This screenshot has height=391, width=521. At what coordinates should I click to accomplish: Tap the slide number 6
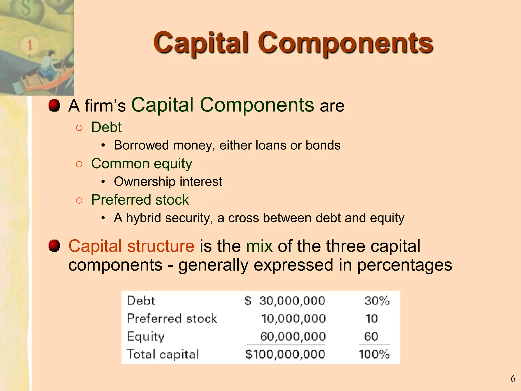[513, 379]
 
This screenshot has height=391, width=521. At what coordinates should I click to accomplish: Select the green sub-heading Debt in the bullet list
[106, 127]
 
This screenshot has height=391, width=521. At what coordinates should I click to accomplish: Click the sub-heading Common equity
[141, 164]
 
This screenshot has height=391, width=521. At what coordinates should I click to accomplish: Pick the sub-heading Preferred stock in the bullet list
[140, 200]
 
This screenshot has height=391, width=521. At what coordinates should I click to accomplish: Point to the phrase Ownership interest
[168, 182]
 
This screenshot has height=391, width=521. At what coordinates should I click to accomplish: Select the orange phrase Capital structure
[131, 246]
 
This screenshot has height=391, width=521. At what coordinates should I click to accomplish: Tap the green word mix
[259, 246]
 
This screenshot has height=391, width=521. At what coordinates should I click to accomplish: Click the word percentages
[404, 265]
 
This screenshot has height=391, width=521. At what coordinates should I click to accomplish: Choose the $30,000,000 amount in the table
[285, 301]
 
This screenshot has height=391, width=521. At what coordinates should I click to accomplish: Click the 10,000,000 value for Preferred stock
[294, 318]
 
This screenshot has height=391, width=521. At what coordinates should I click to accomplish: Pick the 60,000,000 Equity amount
[293, 336]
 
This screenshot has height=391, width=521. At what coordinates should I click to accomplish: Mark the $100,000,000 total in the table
[285, 354]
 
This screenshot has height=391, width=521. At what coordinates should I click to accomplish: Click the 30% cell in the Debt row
[377, 301]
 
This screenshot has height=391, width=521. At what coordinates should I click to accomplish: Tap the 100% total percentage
[374, 354]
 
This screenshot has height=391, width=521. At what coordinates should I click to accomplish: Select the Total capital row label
[163, 354]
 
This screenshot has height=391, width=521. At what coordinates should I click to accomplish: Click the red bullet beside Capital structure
[54, 246]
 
